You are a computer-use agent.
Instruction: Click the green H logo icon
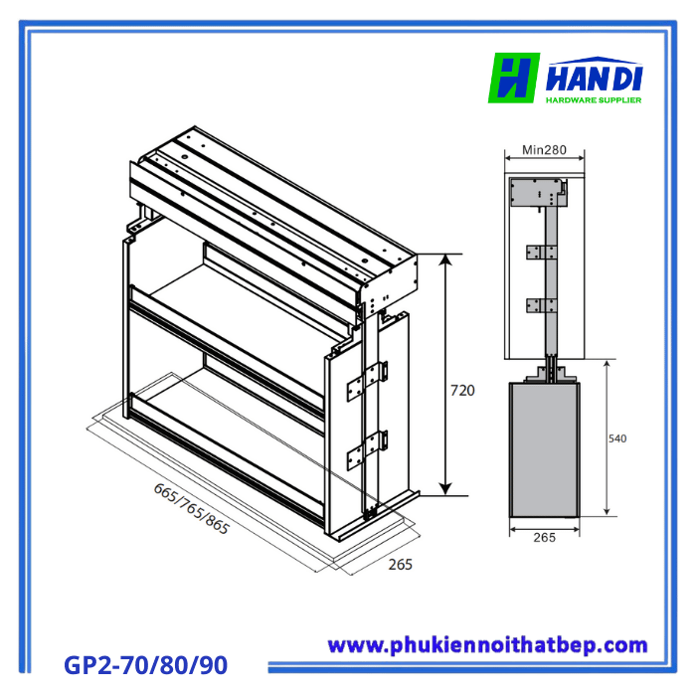(514, 79)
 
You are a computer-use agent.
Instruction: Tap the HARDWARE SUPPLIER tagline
(593, 99)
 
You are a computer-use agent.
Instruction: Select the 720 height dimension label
(462, 391)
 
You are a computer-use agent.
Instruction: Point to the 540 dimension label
(618, 437)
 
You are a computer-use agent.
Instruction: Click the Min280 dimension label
(544, 150)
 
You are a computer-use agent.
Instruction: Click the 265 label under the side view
(545, 538)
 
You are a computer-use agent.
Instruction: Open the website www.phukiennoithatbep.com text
(487, 645)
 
